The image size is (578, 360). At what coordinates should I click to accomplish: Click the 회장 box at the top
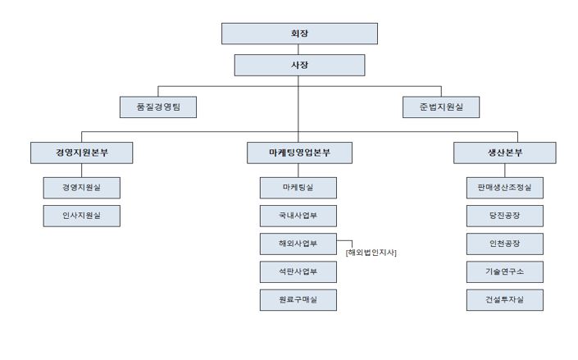[x=299, y=34]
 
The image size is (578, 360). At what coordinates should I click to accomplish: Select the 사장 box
[x=299, y=65]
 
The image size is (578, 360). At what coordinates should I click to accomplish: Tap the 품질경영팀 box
[x=158, y=107]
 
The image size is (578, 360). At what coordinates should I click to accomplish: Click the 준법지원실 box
[x=441, y=107]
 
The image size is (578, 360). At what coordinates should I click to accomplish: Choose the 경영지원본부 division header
[x=82, y=153]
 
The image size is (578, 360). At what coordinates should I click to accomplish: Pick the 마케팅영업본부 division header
[x=299, y=153]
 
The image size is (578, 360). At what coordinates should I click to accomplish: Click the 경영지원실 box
[x=82, y=188]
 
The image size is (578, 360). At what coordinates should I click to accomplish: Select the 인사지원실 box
[x=82, y=216]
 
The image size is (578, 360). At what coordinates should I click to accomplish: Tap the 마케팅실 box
[x=298, y=188]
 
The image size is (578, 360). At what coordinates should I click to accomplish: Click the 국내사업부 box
[x=298, y=216]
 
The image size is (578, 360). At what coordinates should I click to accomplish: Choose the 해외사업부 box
[x=298, y=244]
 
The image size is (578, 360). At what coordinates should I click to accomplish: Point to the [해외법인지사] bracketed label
[x=371, y=252]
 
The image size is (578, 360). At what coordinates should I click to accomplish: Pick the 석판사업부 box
[x=298, y=271]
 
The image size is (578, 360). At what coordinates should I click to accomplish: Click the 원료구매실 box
[x=298, y=299]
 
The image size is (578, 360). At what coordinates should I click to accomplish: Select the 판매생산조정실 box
[x=505, y=188]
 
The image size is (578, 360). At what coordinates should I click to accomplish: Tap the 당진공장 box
[x=505, y=216]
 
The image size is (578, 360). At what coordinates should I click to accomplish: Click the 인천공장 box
[x=505, y=244]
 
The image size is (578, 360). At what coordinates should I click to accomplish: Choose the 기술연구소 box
[x=505, y=271]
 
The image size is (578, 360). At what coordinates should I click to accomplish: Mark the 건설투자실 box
[x=505, y=299]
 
